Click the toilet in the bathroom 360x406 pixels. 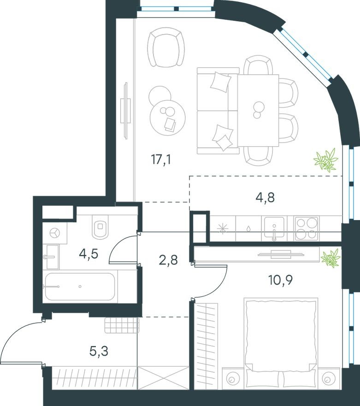tap(100, 227)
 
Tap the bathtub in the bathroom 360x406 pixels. tap(81, 286)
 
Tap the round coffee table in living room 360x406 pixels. tap(167, 117)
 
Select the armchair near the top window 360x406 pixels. tap(166, 46)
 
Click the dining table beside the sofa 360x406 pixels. tap(258, 110)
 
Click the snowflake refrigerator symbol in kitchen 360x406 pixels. tap(223, 228)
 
